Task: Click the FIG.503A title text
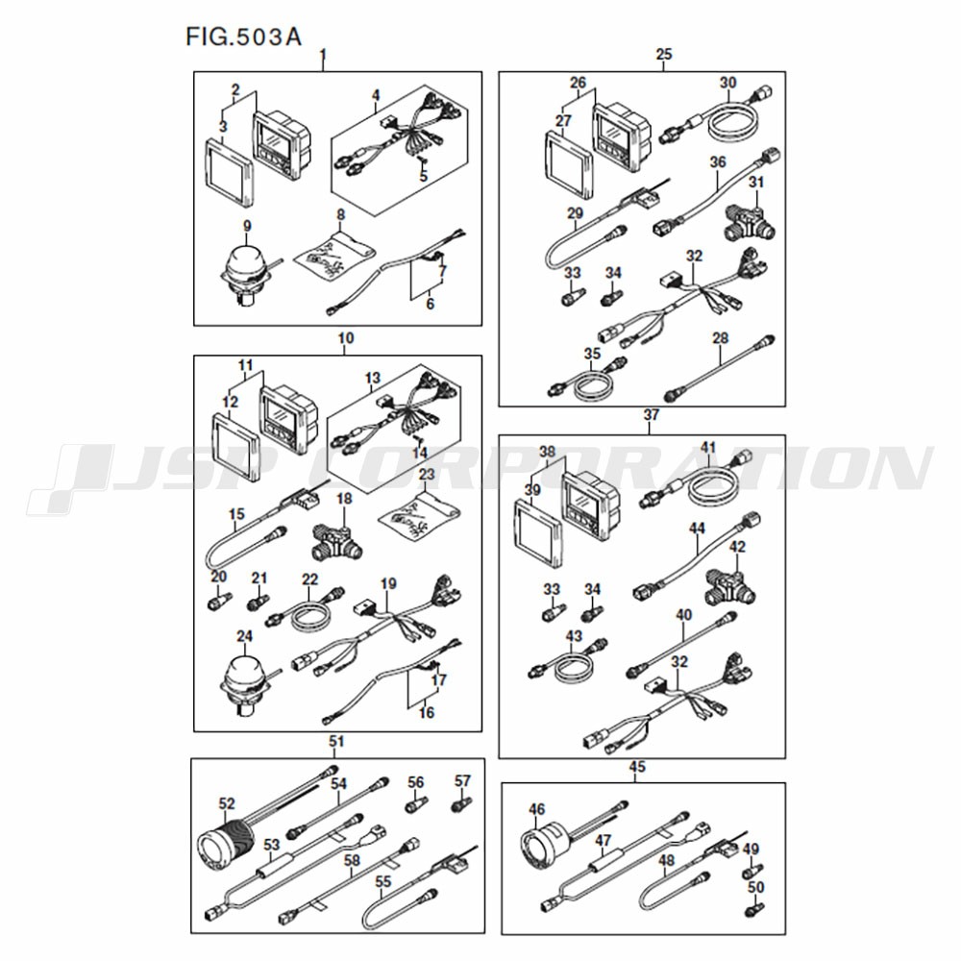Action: (x=244, y=37)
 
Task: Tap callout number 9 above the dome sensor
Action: (x=247, y=226)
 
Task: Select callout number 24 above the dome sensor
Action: (x=244, y=637)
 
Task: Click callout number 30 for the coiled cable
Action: (x=727, y=82)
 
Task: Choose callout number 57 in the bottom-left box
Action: (x=463, y=780)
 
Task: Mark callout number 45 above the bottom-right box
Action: (x=637, y=767)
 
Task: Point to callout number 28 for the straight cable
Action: (x=721, y=337)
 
